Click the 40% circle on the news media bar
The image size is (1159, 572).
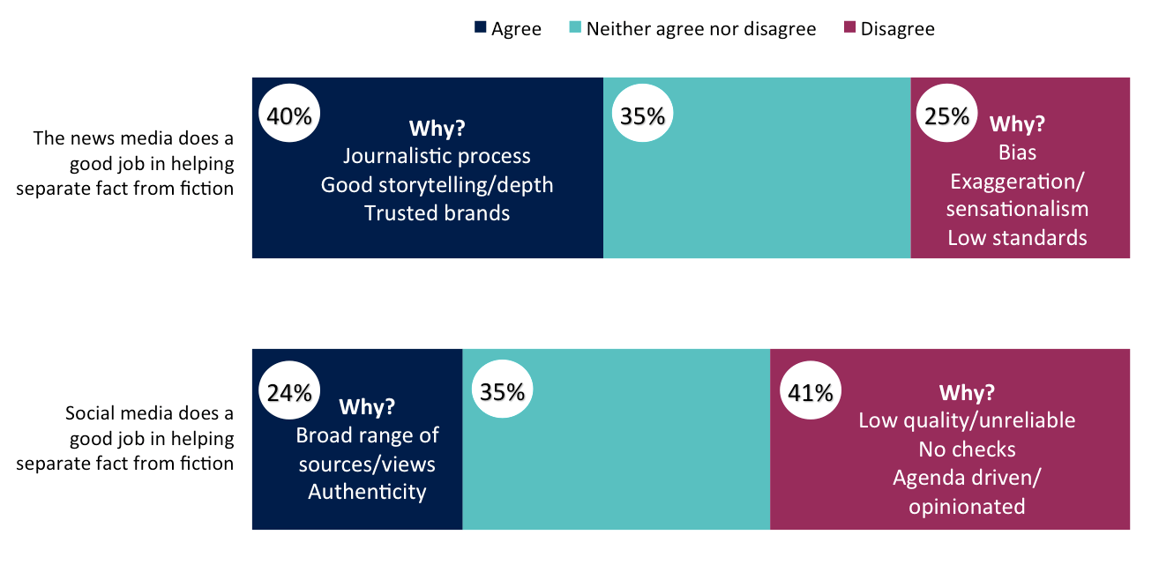(289, 115)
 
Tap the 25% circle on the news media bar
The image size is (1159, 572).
(947, 115)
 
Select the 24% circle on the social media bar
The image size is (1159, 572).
(289, 392)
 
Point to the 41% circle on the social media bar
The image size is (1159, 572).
(811, 392)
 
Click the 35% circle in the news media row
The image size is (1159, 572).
(642, 115)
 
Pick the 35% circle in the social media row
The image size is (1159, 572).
(503, 392)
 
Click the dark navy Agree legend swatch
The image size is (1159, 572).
(480, 28)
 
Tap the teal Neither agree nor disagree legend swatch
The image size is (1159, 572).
(576, 28)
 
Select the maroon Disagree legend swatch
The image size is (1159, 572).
(850, 28)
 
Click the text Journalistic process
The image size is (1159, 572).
(437, 156)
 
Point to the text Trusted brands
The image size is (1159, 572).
(437, 212)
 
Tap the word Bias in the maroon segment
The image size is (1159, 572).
(1017, 152)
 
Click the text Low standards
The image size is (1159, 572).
(1017, 237)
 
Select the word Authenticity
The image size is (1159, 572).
(367, 492)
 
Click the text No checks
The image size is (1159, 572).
(967, 449)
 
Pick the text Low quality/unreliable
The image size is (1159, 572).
(967, 420)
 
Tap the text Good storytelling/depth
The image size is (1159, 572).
(437, 184)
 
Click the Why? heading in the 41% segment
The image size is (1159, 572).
(967, 392)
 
